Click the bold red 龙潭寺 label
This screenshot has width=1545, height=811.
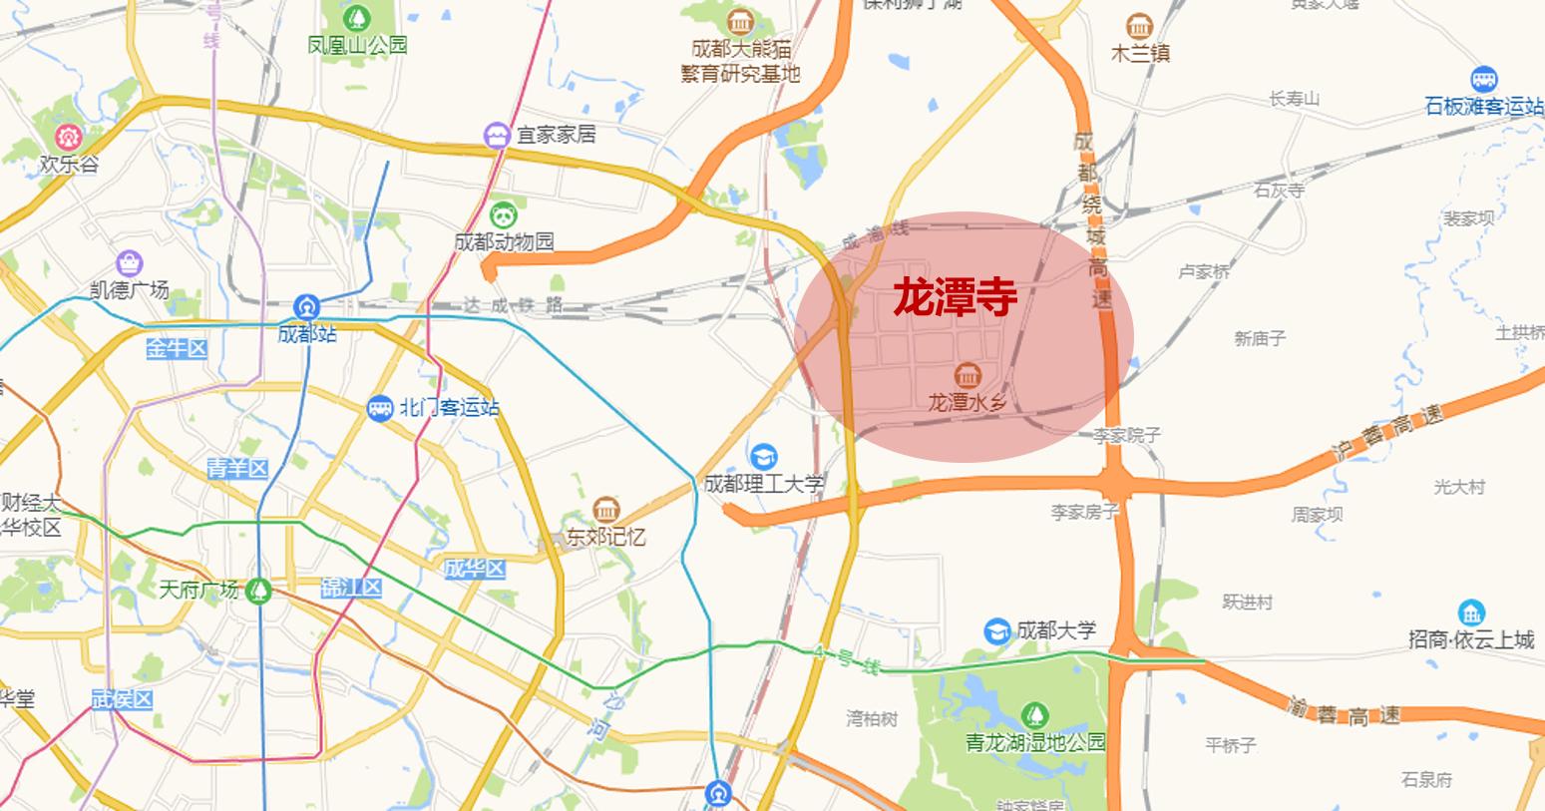click(955, 297)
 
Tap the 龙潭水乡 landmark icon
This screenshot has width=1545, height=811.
click(966, 375)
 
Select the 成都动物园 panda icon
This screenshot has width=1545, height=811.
click(502, 213)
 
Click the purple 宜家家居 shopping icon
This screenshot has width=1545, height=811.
click(496, 135)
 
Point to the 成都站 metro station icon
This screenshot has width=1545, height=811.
click(306, 306)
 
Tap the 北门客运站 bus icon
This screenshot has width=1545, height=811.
click(380, 408)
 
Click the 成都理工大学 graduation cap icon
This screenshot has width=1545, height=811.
click(765, 457)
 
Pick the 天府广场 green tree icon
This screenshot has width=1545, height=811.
click(259, 590)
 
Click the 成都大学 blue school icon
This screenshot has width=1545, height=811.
click(996, 630)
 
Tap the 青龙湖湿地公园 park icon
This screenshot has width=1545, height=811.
click(1035, 714)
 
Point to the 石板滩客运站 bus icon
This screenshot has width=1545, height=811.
click(1483, 79)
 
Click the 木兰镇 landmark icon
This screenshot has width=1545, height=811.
click(1138, 27)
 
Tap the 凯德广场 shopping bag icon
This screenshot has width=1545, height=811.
click(129, 263)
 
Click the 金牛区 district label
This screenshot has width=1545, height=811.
click(177, 348)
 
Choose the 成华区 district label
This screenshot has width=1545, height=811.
click(474, 570)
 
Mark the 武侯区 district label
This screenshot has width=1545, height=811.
click(121, 699)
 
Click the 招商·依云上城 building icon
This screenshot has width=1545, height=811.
click(1470, 612)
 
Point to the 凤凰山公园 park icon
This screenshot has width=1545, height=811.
click(357, 17)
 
